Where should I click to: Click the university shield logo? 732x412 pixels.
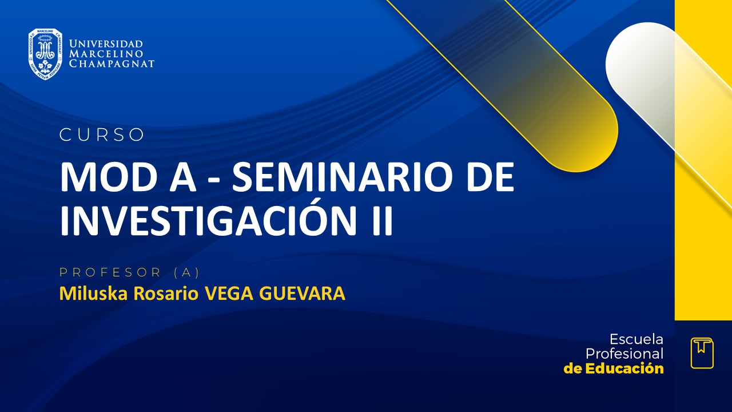[45, 54]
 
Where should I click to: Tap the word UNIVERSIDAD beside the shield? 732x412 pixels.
[106, 44]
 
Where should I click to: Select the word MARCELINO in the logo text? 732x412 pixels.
[106, 54]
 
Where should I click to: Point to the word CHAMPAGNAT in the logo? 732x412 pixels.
[112, 64]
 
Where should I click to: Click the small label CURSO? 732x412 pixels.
[102, 135]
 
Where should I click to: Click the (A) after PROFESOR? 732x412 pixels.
[186, 272]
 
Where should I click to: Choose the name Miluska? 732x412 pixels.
[94, 294]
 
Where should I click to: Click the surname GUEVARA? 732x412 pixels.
[303, 294]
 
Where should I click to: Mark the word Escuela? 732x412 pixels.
[636, 339]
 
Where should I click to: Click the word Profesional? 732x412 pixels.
[624, 354]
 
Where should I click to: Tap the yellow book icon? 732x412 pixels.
[702, 352]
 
